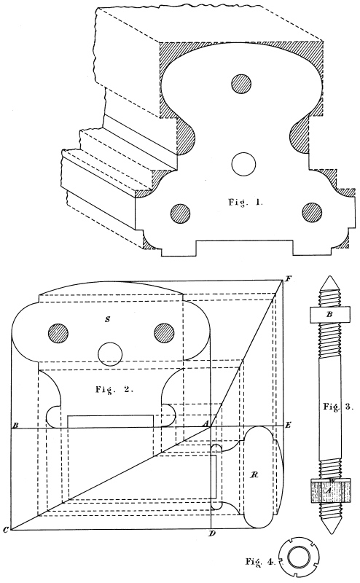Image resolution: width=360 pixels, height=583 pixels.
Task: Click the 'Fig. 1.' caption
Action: tap(245, 203)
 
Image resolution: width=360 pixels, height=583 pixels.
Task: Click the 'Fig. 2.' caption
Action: tap(114, 390)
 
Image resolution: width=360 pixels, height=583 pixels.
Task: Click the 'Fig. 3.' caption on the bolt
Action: tap(337, 407)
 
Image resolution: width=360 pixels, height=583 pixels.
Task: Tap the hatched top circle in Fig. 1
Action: tap(242, 84)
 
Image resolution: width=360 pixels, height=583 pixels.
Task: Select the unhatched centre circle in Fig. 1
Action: tap(243, 163)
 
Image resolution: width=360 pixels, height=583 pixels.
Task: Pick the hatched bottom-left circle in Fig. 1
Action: tap(181, 214)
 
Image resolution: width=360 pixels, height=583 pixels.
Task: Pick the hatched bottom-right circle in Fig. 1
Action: tap(312, 213)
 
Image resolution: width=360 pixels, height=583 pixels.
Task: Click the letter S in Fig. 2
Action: tap(107, 319)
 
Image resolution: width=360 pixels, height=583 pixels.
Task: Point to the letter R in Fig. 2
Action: tap(255, 475)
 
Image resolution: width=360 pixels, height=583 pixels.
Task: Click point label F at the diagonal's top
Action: tap(287, 278)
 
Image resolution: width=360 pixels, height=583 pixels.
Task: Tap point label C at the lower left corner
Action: tap(5, 531)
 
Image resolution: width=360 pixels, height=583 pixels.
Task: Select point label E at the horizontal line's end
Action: tap(287, 425)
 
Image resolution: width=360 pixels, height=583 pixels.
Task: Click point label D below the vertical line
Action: tap(211, 534)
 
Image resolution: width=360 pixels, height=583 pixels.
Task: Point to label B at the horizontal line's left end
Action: tap(15, 425)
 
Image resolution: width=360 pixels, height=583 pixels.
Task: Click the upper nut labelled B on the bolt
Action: tap(329, 314)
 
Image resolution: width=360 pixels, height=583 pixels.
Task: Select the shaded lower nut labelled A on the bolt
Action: tap(330, 490)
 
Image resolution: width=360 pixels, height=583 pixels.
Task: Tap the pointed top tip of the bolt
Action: tap(329, 277)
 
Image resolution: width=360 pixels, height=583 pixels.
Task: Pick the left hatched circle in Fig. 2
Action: tap(58, 333)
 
